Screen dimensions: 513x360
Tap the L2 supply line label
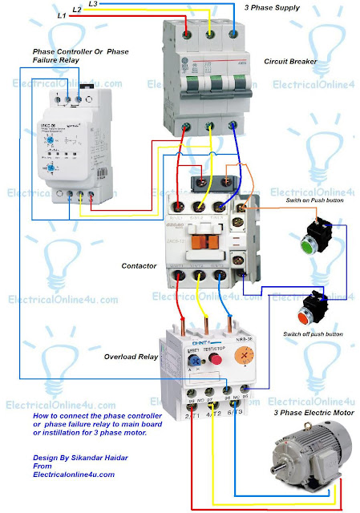(x=76, y=10)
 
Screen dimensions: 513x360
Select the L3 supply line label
(x=93, y=4)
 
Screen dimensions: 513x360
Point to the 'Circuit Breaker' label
(x=291, y=61)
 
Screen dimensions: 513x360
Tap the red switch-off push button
(x=313, y=309)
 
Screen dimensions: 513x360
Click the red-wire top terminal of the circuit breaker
(x=188, y=34)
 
